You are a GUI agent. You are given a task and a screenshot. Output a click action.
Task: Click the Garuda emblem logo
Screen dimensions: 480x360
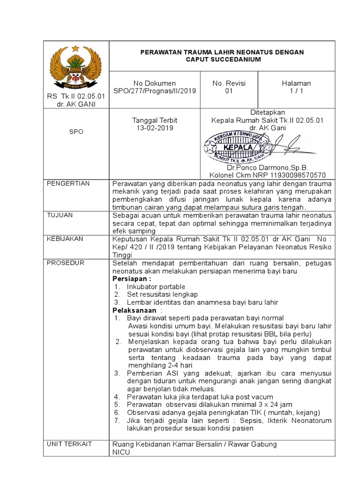tap(75, 67)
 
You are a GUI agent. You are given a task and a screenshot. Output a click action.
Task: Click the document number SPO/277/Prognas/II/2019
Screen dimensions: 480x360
tap(155, 91)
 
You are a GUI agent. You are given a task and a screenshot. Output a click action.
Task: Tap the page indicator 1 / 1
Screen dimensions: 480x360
tap(296, 91)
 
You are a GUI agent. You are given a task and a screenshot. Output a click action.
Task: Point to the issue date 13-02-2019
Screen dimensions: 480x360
tap(155, 128)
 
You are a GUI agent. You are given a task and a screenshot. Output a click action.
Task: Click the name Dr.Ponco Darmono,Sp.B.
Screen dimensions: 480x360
tap(267, 167)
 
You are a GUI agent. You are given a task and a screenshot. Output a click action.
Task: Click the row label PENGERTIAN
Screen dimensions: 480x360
tap(68, 183)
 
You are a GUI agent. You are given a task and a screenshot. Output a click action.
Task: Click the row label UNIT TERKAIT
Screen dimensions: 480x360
tap(69, 444)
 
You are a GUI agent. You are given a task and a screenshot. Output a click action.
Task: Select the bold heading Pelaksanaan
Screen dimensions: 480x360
tap(134, 310)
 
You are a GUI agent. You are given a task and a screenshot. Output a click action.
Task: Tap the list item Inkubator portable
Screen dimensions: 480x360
tap(156, 287)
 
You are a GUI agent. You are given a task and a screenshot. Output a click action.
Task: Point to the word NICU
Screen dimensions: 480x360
tap(121, 452)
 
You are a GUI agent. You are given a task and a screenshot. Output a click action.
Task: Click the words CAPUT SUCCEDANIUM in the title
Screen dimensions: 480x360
tap(222, 60)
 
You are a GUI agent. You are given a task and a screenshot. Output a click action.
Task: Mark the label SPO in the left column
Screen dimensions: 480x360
tap(75, 132)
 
